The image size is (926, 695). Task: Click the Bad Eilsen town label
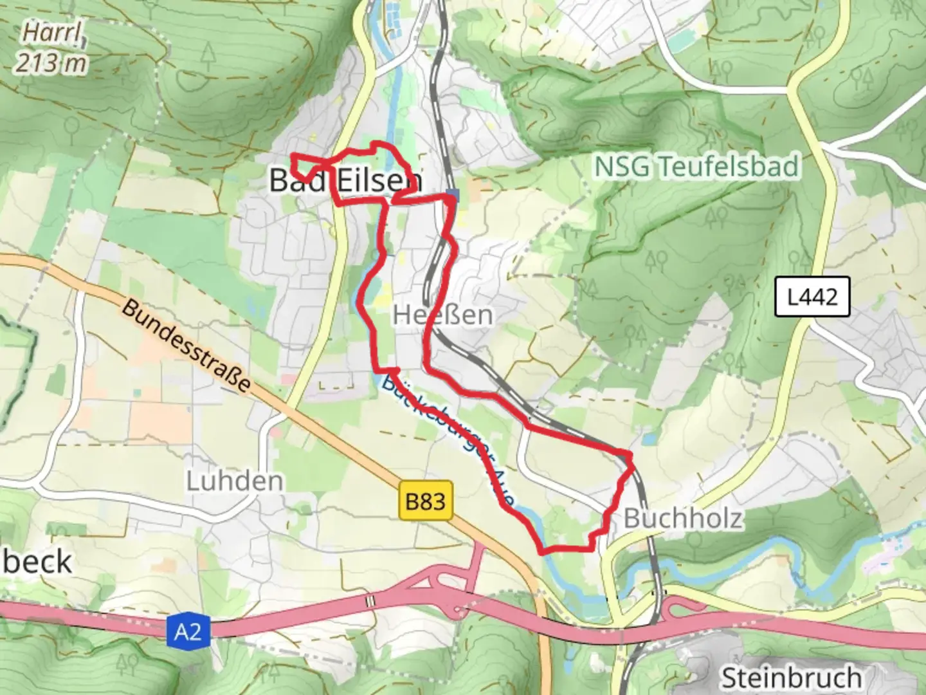[345, 180]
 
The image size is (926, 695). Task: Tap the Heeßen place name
[442, 315]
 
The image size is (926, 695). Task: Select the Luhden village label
[235, 481]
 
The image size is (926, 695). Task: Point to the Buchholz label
[683, 518]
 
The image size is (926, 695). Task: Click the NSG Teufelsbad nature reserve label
[696, 167]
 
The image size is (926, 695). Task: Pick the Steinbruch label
[791, 678]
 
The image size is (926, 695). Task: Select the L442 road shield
[813, 297]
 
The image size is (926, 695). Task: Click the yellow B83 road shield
[426, 500]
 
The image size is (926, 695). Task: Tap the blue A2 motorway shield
[188, 632]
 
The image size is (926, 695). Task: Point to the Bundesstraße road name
[185, 346]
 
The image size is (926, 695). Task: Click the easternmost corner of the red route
[631, 458]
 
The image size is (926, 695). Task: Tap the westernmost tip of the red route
[293, 156]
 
